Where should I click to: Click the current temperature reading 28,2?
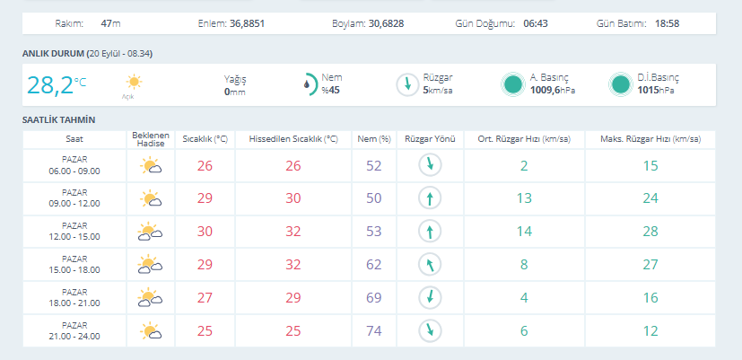click(50, 85)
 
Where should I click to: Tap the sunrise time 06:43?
click(536, 23)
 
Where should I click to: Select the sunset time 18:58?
click(668, 23)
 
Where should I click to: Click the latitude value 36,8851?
click(247, 23)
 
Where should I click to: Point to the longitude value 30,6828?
click(387, 23)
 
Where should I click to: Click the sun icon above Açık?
click(134, 82)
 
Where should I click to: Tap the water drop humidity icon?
click(308, 84)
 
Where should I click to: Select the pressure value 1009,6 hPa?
click(553, 90)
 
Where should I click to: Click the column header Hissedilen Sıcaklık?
click(293, 140)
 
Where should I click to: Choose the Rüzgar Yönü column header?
click(430, 140)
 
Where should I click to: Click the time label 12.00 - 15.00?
click(74, 237)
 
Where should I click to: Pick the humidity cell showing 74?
click(374, 330)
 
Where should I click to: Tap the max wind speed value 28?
click(650, 231)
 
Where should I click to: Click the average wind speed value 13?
click(524, 198)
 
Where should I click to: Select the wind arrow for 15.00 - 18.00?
click(430, 264)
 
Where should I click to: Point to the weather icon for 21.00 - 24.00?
click(151, 330)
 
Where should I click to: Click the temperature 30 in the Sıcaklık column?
click(205, 231)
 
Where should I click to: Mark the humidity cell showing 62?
click(374, 264)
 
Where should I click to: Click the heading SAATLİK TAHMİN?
click(58, 120)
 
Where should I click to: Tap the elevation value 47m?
click(110, 23)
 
